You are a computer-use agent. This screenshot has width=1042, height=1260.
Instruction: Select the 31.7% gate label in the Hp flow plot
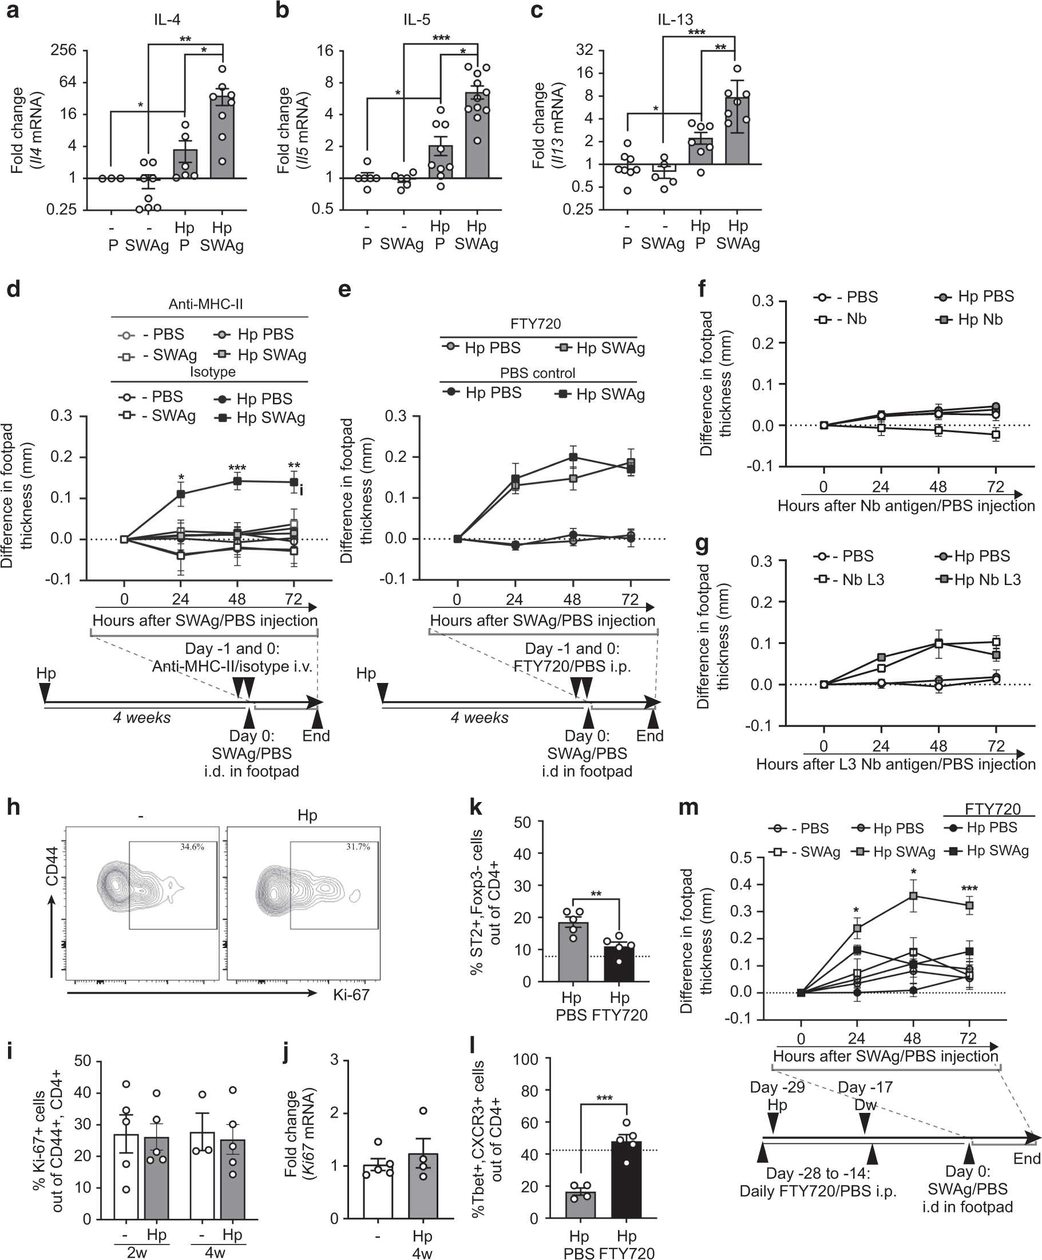(x=358, y=847)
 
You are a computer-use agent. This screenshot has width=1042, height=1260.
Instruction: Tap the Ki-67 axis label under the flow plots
(x=351, y=995)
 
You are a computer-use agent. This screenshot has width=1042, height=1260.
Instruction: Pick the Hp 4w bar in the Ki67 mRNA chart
(x=423, y=1186)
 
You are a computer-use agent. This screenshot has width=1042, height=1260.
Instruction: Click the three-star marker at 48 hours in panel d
(x=237, y=468)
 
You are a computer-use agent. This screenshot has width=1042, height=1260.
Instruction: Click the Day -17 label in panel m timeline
(x=865, y=1088)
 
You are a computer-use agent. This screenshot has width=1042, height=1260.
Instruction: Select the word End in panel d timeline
(x=316, y=736)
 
